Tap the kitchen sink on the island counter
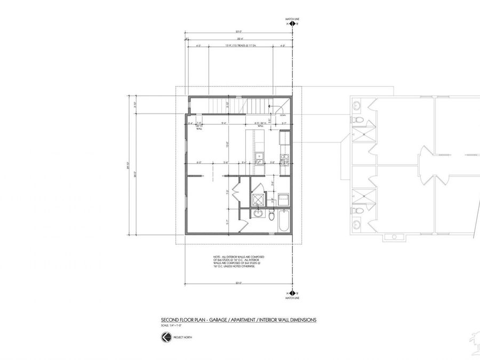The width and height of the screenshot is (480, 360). [x=258, y=156]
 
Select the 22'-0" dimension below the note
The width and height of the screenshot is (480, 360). [x=238, y=283]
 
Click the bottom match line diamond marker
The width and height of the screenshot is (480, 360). [x=291, y=293]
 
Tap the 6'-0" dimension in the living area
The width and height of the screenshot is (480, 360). [x=199, y=162]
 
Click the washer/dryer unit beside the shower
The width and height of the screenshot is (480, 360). [x=284, y=199]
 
